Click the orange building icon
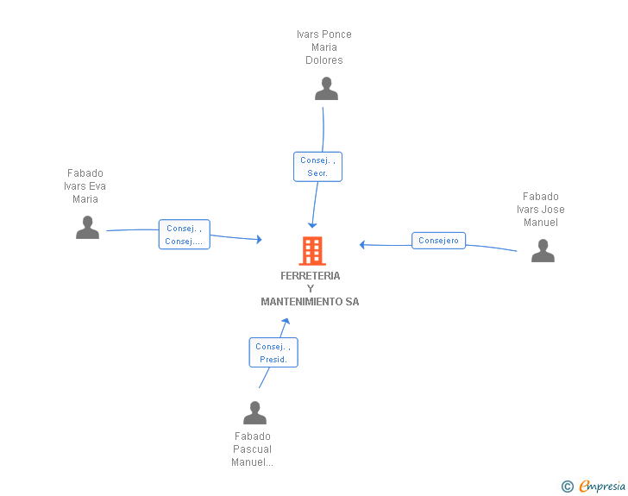point(312,251)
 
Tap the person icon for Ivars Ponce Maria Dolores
point(326,89)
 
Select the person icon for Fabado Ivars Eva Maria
point(87,227)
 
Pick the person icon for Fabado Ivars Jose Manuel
point(543,250)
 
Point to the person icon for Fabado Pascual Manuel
point(254,412)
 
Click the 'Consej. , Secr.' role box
point(317,166)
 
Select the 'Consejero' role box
point(438,241)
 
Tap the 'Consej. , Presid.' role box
point(273,353)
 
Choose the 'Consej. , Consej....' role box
point(185,235)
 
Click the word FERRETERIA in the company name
point(310,276)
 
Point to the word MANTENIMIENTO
point(302,302)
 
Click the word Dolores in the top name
point(324,60)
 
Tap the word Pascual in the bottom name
point(252,449)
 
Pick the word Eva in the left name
point(97,186)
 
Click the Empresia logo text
point(602,486)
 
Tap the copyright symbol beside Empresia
point(567,487)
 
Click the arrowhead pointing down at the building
point(312,225)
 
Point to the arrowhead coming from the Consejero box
point(362,244)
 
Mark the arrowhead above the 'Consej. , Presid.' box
point(286,321)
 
